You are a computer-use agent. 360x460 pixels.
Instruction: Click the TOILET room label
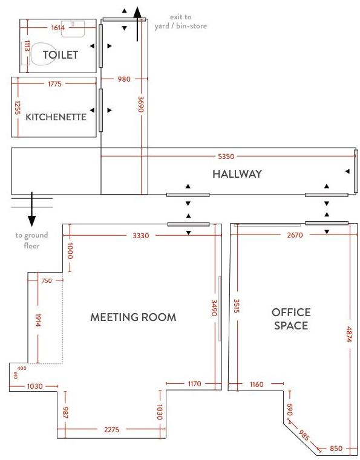(x=60, y=55)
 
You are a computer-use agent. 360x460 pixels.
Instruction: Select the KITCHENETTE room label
(x=56, y=117)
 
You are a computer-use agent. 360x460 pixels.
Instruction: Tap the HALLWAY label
(x=237, y=174)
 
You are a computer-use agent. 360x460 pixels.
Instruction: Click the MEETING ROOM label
(x=133, y=317)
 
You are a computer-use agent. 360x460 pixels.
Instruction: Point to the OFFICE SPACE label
(x=290, y=319)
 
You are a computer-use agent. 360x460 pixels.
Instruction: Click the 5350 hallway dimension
(x=226, y=157)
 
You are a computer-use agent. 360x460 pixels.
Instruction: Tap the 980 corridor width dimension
(x=124, y=79)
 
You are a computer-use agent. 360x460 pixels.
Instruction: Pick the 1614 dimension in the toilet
(x=58, y=28)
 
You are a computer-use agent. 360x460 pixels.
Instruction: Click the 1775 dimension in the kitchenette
(x=54, y=84)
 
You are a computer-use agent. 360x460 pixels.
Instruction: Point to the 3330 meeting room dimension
(x=140, y=236)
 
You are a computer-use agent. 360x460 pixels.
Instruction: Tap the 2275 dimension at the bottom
(x=111, y=430)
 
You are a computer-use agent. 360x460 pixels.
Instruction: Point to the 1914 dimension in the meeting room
(x=38, y=320)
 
